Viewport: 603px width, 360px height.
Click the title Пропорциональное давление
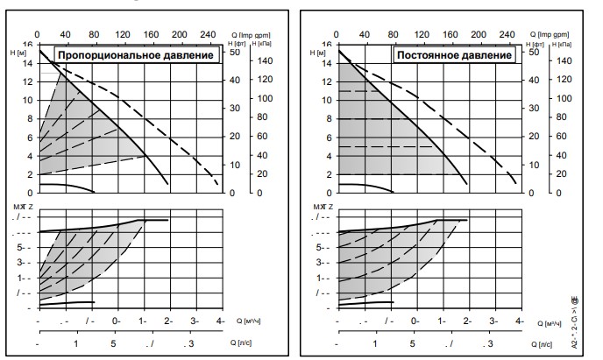tap(138, 56)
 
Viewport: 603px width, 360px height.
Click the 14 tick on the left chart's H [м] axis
tap(28, 62)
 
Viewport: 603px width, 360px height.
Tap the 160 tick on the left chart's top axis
tap(147, 34)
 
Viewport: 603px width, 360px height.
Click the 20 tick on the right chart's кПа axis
tap(562, 173)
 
